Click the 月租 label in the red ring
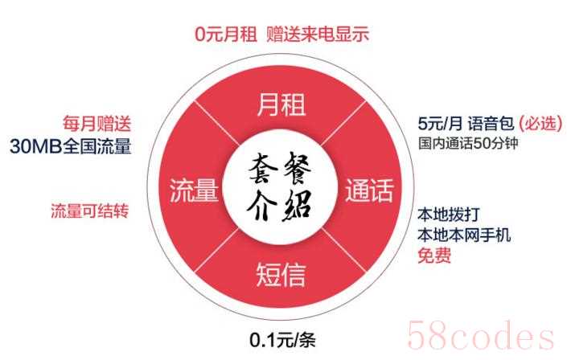tap(281, 104)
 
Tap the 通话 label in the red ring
tap(369, 190)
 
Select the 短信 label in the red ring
tap(281, 275)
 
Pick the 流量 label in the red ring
tap(194, 190)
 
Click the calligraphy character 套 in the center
tap(263, 168)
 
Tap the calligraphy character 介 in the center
tap(261, 206)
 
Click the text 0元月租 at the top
tap(226, 35)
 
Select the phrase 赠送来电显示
tap(318, 35)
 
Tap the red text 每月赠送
tap(97, 123)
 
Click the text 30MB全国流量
tap(71, 146)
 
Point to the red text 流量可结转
tap(90, 211)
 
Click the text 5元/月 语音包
tap(466, 124)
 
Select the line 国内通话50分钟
tap(468, 143)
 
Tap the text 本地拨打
tap(449, 215)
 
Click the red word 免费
tap(434, 256)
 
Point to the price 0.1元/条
tap(283, 340)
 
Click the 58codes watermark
tap(480, 335)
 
